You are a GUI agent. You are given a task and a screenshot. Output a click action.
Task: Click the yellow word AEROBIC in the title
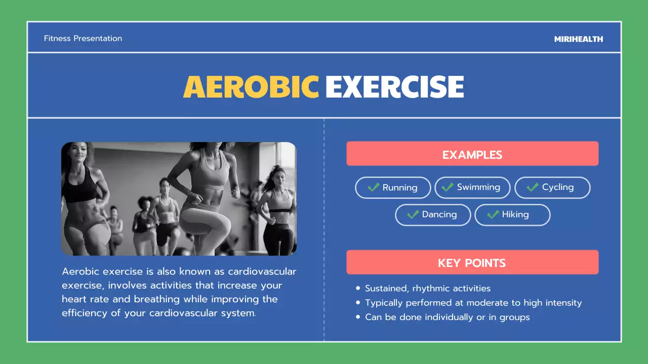coord(251,86)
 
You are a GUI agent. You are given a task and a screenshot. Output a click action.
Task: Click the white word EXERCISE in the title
coord(394,86)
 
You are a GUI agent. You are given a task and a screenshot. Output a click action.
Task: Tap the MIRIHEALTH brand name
coord(578,39)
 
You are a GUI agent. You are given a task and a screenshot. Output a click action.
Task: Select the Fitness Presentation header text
coord(83,38)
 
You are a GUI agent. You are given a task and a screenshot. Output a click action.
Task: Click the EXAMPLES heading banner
coord(472,154)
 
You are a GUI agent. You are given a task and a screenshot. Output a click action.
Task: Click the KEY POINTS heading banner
coord(472,263)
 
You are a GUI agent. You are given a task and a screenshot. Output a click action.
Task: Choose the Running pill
coord(393,188)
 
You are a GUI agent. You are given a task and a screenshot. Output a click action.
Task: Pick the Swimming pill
coord(472,188)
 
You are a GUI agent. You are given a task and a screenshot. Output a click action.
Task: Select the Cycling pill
coord(552,188)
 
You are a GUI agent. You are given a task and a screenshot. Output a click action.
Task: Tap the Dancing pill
coord(432,215)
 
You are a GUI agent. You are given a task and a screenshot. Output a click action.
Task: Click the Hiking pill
coord(512,215)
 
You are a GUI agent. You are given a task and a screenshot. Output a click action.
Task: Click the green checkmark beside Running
coord(374,188)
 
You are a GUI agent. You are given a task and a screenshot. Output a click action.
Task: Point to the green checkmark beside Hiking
coord(493,215)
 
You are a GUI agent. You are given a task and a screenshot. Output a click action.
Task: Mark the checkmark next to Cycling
coord(532,188)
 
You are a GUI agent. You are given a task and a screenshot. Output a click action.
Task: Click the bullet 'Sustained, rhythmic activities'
coord(427,289)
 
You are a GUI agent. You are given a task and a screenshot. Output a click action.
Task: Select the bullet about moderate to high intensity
coord(473,303)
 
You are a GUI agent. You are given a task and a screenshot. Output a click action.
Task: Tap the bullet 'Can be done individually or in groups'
coord(447,317)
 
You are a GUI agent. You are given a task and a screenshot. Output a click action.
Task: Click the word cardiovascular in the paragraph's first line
coord(262,271)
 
